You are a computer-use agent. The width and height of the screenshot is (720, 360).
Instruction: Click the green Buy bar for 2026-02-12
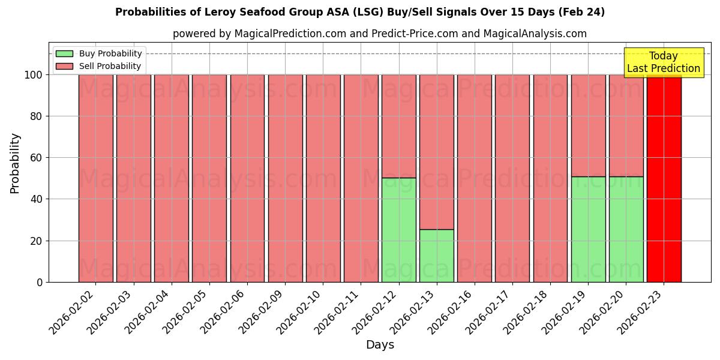(398, 230)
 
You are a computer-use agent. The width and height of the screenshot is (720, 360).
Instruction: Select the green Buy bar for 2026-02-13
(436, 256)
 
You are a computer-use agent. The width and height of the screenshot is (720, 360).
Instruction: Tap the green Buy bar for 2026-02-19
(588, 229)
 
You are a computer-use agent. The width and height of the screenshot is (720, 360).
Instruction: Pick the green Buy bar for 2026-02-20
(626, 229)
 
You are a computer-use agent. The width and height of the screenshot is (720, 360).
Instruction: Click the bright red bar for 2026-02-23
(664, 178)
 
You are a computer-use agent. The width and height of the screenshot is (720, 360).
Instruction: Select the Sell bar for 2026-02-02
(95, 178)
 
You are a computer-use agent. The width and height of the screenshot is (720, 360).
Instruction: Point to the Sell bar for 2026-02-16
(474, 178)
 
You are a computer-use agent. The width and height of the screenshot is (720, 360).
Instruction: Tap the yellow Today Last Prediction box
(663, 62)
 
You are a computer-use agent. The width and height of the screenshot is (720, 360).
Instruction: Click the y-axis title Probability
(15, 163)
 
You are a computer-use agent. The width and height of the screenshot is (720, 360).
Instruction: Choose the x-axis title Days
(380, 345)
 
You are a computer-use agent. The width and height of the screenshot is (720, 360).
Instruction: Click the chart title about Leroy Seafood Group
(360, 12)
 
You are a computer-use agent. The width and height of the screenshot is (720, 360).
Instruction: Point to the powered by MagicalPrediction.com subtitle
(380, 34)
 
